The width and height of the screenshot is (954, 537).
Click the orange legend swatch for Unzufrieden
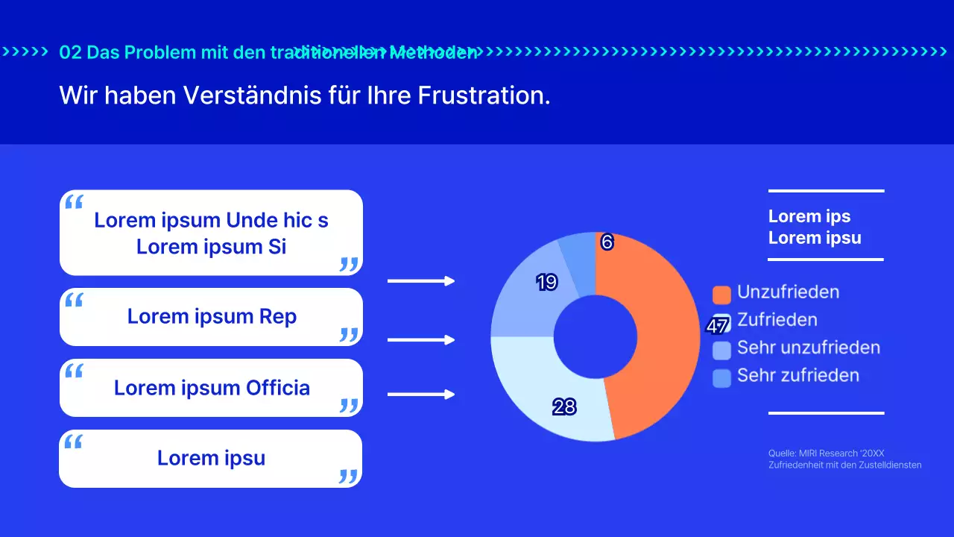coord(721,294)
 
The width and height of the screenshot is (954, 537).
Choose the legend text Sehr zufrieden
coord(798,375)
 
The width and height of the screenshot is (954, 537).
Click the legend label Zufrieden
coord(777,320)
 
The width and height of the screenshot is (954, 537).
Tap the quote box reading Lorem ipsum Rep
coord(211,317)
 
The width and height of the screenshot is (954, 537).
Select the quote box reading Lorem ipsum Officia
coord(211,388)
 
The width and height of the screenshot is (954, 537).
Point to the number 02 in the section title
coord(69,52)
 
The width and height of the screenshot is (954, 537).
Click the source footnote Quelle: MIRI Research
coord(826,453)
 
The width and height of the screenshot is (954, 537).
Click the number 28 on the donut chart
coord(564,407)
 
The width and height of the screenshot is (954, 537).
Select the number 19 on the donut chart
coord(547,283)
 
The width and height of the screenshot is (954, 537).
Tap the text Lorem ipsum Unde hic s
coord(211,221)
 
